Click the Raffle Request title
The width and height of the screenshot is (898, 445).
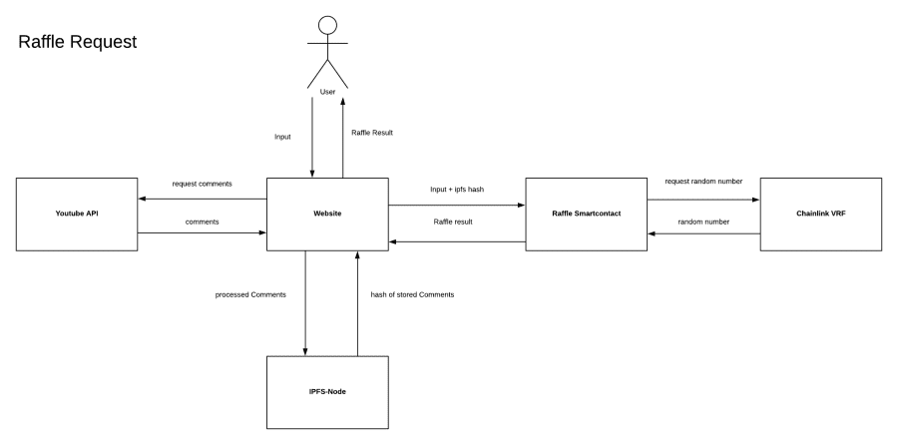pyautogui.click(x=78, y=44)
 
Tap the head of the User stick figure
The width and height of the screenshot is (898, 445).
pyautogui.click(x=326, y=25)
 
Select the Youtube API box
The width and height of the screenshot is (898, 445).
pyautogui.click(x=77, y=214)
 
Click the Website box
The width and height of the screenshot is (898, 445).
pyautogui.click(x=326, y=214)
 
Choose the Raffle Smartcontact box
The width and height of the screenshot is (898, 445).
pyautogui.click(x=586, y=214)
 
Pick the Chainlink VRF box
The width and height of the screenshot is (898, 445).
pyautogui.click(x=820, y=214)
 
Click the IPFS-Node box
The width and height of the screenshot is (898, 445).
pyautogui.click(x=326, y=391)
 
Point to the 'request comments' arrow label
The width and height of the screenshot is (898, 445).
pyautogui.click(x=202, y=185)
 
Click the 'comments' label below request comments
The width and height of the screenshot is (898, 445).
pyautogui.click(x=202, y=221)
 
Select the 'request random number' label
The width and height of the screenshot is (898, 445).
pyautogui.click(x=702, y=182)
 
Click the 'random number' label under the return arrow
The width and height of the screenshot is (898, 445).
pyautogui.click(x=702, y=221)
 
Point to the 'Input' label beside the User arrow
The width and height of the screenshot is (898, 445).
pyautogui.click(x=284, y=137)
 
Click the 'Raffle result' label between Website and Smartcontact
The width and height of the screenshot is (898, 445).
pyautogui.click(x=455, y=222)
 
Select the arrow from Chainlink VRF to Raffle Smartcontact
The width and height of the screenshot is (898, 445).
pyautogui.click(x=702, y=234)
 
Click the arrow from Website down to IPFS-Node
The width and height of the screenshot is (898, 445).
pyautogui.click(x=305, y=299)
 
